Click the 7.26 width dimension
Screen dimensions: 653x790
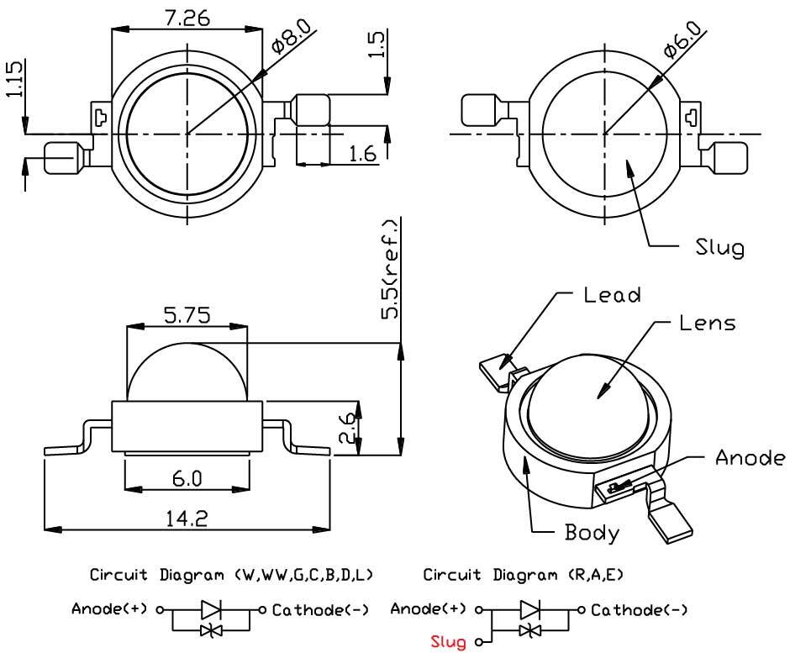point(187,18)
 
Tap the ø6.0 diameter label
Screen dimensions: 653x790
point(681,39)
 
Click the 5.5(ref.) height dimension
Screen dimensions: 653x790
point(391,269)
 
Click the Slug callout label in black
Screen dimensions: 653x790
point(719,248)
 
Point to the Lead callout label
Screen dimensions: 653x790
point(612,295)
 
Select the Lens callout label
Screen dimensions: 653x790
point(706,323)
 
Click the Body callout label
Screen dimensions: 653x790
point(592,532)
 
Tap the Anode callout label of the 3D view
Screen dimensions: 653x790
point(749,458)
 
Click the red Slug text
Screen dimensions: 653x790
point(448,643)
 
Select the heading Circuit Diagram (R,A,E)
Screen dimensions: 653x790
point(523,576)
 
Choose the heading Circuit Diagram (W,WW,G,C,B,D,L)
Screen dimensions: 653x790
point(232,576)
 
